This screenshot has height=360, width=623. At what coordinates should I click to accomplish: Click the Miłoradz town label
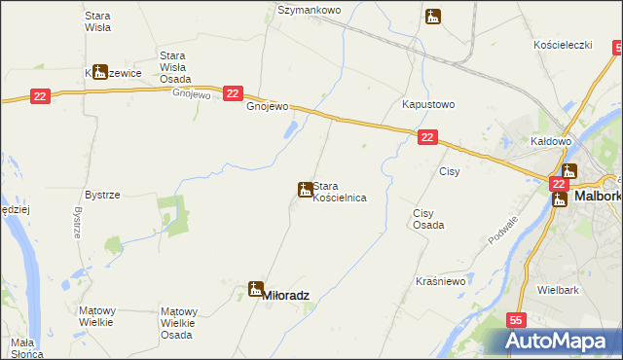coord(287,292)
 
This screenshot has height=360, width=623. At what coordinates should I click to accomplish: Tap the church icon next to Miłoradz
coord(255,290)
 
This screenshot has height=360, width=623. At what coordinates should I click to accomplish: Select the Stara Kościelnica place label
coord(339,191)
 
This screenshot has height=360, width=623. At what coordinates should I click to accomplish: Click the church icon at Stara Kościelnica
coord(304,189)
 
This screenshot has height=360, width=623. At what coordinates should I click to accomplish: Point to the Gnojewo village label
coord(268,107)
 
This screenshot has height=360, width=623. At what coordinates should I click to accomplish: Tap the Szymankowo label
coord(309,10)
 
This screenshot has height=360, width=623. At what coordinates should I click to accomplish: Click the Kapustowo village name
coord(428,104)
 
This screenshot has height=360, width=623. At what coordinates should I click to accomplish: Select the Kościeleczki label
coord(563,46)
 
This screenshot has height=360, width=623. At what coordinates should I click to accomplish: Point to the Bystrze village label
coord(102,195)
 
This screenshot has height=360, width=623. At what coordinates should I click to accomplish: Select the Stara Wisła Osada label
coord(175,67)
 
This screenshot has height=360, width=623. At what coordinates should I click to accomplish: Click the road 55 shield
coord(516,320)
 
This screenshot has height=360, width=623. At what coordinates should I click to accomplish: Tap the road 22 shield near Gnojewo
coord(232,93)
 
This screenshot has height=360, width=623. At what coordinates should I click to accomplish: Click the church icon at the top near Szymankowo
coord(433,16)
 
